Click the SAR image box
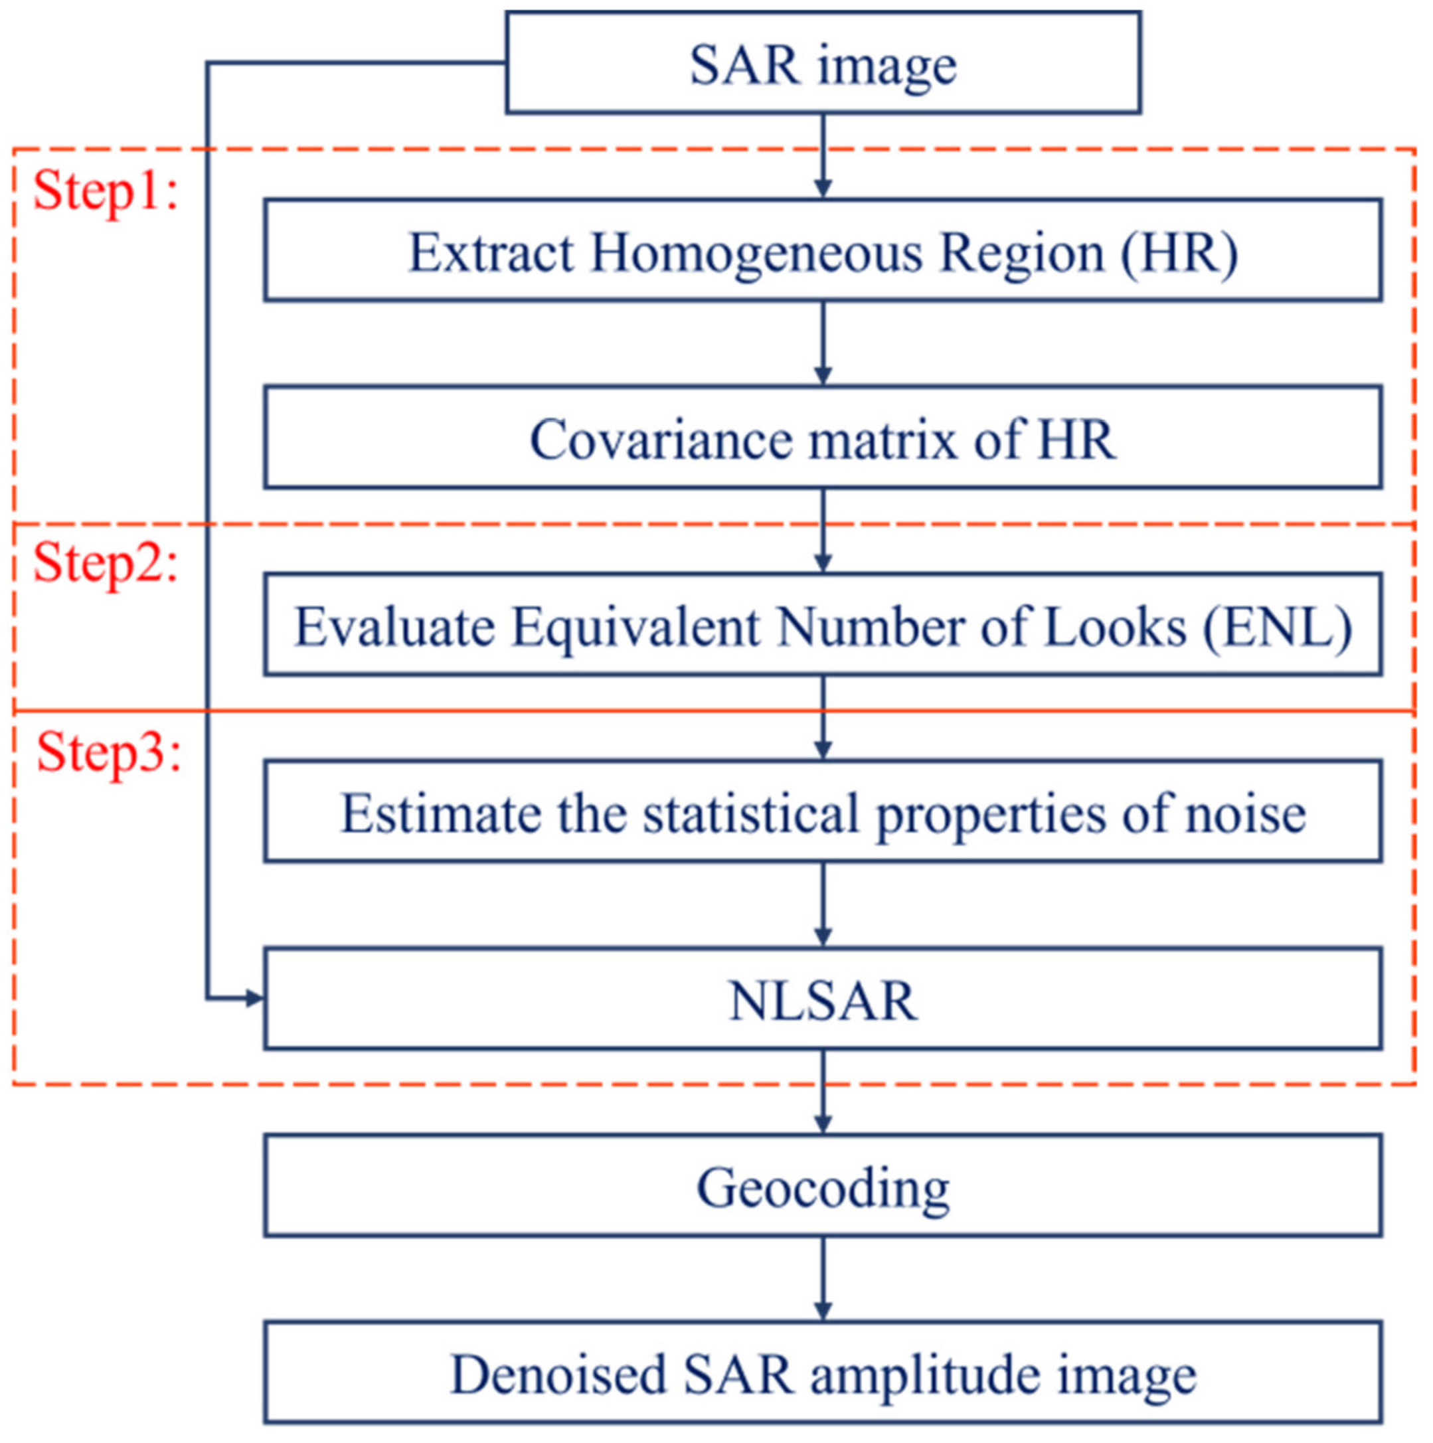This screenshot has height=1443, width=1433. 823,62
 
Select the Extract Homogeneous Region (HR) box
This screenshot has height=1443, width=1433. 823,251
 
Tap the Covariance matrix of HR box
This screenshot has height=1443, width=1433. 823,438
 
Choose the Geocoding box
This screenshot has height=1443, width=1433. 823,1187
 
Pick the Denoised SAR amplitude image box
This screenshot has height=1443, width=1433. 823,1375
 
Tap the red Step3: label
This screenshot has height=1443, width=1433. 109,752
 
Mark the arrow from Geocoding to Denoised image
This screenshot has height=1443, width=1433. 823,1280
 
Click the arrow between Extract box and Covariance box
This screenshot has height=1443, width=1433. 823,343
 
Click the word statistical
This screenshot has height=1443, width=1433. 751,814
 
